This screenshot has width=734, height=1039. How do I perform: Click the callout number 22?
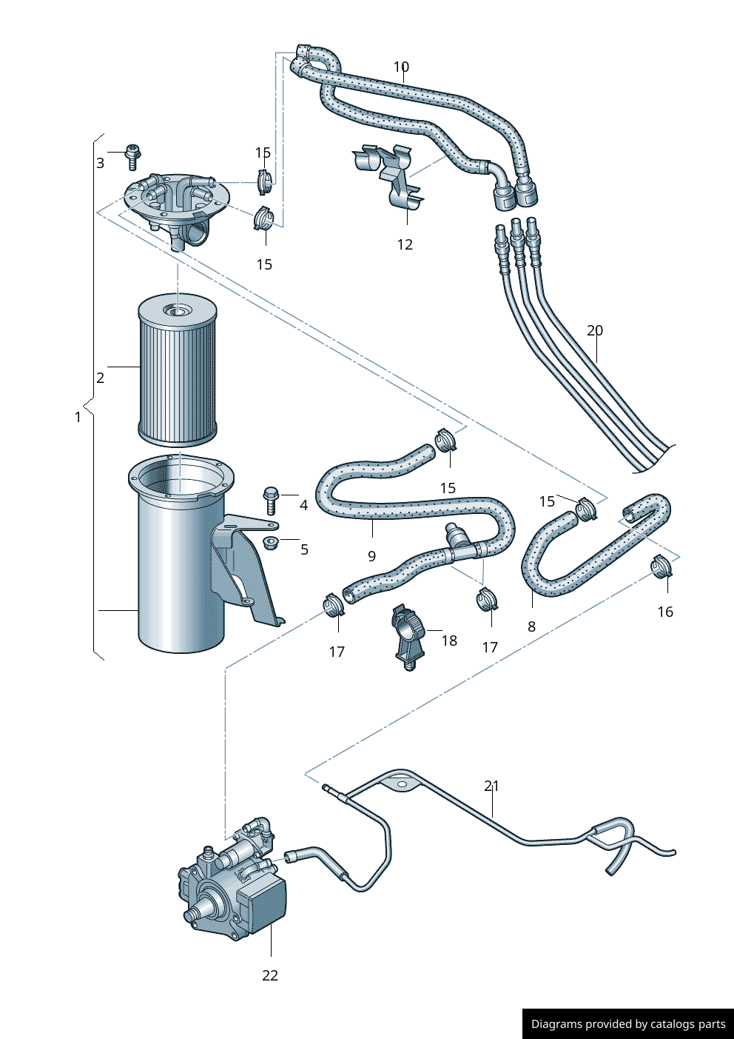pos(270,975)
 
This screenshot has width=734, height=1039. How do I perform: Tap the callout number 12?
pos(405,244)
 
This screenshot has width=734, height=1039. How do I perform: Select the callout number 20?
pos(595,330)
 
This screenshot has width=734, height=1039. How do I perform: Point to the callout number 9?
pos(371,555)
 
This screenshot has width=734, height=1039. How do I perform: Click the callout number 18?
pos(449,641)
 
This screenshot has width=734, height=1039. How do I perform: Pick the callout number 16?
pos(665,611)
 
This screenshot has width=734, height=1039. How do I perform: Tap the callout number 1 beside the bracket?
pos(78,417)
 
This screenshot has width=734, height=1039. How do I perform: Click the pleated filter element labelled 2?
pos(178,370)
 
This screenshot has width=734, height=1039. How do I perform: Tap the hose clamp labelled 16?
pos(661,567)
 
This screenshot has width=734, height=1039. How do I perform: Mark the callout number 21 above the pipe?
pos(492,786)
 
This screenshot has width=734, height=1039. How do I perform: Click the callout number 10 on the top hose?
pos(401,67)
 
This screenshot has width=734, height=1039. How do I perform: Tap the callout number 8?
pos(531,626)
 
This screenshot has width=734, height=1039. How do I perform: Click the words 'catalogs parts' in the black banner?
pos(688,1024)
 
